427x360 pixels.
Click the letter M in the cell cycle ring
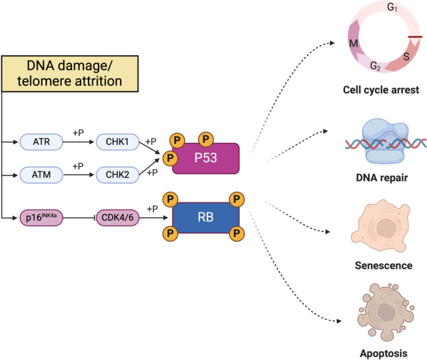point(353,43)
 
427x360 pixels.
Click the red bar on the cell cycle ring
point(415,37)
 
